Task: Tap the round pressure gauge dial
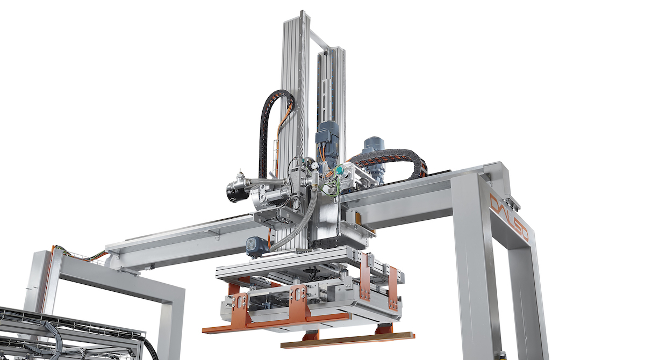click(316, 165)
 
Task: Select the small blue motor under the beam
click(256, 247)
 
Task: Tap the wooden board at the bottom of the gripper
click(348, 340)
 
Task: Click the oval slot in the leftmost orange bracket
click(239, 302)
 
